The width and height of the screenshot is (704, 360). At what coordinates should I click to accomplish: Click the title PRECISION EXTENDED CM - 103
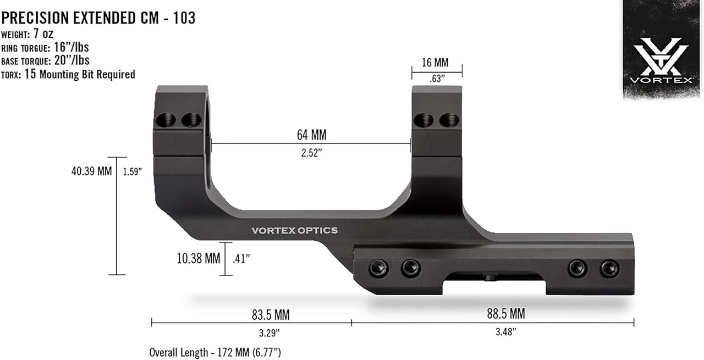click(x=98, y=18)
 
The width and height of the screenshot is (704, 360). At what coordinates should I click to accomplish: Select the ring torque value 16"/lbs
click(x=74, y=48)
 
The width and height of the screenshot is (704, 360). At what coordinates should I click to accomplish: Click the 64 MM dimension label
click(x=312, y=134)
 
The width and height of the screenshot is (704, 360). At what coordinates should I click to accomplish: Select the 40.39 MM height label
click(x=91, y=171)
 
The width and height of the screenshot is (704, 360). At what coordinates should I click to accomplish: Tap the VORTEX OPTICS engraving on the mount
click(x=294, y=230)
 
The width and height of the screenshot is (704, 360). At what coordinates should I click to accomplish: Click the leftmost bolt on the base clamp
click(x=378, y=268)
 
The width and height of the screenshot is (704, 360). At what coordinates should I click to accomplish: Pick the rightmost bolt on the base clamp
click(x=609, y=268)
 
